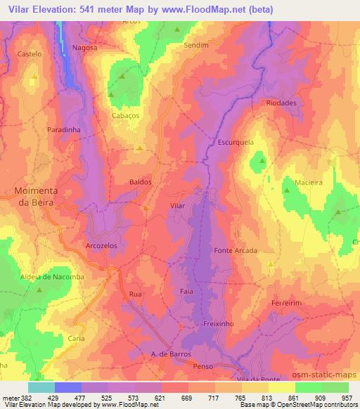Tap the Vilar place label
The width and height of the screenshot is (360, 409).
pos(178,206)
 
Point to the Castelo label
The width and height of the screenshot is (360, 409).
pos(30,54)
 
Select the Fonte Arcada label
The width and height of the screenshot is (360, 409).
pos(236,250)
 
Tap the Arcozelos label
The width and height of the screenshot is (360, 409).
pos(102,247)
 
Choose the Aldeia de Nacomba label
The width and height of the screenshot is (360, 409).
pos(52,277)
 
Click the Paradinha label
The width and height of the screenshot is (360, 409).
pos(64,130)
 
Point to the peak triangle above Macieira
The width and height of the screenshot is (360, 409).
pos(287,189)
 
